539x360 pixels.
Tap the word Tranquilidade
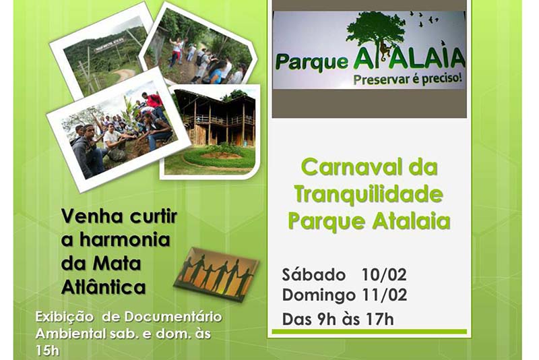click(369, 194)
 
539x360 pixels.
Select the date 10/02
click(384, 275)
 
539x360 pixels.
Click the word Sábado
click(314, 275)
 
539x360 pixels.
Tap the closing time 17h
click(380, 320)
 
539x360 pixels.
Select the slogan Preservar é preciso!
click(408, 79)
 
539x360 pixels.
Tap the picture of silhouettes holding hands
click(216, 274)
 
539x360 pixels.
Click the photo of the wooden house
click(210, 131)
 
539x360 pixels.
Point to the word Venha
click(92, 216)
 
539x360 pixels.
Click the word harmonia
click(125, 239)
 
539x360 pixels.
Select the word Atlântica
click(104, 287)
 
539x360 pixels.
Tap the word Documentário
click(173, 317)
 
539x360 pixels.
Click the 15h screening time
click(47, 351)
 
